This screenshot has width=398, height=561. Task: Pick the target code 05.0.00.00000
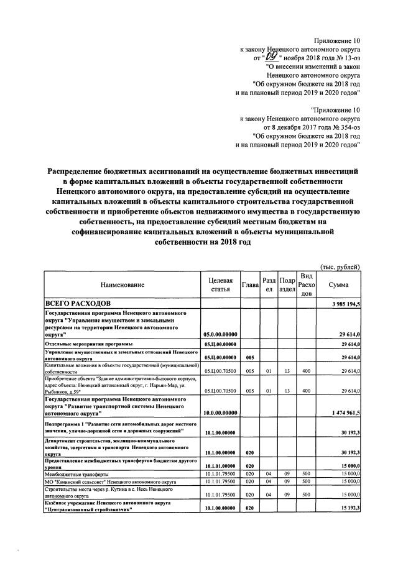point(220,334)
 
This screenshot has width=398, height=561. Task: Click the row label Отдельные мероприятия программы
point(88,344)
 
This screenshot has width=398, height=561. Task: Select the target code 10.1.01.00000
point(220,465)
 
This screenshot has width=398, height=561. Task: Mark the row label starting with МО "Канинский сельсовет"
point(109,481)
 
